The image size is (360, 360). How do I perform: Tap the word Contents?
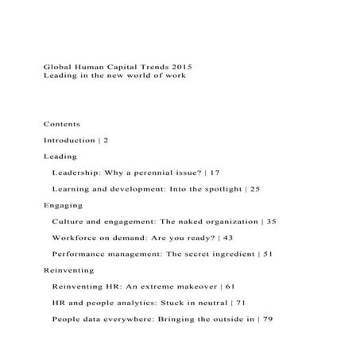(x=61, y=124)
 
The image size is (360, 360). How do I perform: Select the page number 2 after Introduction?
(x=106, y=140)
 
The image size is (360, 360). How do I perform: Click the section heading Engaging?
(x=63, y=205)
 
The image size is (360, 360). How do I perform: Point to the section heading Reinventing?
(x=67, y=269)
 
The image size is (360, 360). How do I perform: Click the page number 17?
(x=215, y=172)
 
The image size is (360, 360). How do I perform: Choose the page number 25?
(x=254, y=188)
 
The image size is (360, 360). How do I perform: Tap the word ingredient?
(x=227, y=254)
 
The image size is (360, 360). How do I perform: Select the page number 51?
(x=268, y=254)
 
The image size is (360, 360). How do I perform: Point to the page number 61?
(x=230, y=285)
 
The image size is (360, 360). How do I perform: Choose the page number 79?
(x=267, y=318)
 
